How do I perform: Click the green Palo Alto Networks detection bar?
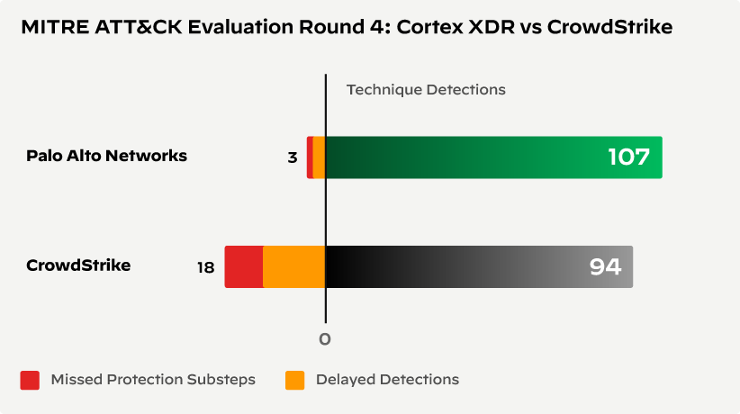pyautogui.click(x=468, y=157)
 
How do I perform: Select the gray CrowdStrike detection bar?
pyautogui.click(x=450, y=266)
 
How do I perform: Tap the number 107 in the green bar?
pyautogui.click(x=628, y=157)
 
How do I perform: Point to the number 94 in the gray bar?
pyautogui.click(x=605, y=266)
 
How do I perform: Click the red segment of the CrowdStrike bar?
pyautogui.click(x=243, y=266)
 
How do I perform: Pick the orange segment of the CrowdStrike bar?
pyautogui.click(x=293, y=266)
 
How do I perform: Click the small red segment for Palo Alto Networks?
pyautogui.click(x=310, y=157)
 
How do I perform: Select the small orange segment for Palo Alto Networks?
pyautogui.click(x=319, y=157)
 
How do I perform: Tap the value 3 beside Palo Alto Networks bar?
pyautogui.click(x=292, y=157)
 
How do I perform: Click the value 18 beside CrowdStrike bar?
pyautogui.click(x=205, y=267)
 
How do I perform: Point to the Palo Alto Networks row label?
pyautogui.click(x=106, y=156)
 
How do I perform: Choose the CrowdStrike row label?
pyautogui.click(x=78, y=265)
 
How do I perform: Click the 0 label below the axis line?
pyautogui.click(x=325, y=339)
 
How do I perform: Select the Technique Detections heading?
pyautogui.click(x=426, y=90)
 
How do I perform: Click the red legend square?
pyautogui.click(x=30, y=380)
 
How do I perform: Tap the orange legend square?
pyautogui.click(x=294, y=380)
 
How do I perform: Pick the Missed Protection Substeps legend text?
pyautogui.click(x=153, y=380)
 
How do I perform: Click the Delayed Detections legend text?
pyautogui.click(x=387, y=380)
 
